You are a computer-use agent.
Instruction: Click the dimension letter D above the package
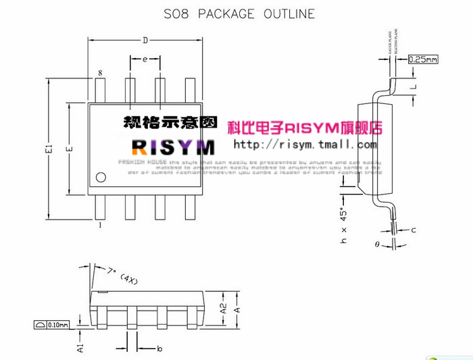coord(145,41)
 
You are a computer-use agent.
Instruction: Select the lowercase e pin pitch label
coord(145,59)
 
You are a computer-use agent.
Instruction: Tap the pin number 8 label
coord(100,73)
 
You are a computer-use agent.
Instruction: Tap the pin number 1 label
coord(100,226)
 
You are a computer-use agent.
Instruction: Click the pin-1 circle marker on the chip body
coord(101,178)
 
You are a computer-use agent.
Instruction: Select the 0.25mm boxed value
coord(424,60)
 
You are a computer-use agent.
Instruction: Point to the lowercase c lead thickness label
coord(413,230)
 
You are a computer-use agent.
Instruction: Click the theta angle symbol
coord(378,245)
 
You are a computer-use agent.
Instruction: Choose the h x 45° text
coord(343,226)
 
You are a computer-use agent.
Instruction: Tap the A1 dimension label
coord(80,347)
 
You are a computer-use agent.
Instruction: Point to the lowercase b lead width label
coord(159,349)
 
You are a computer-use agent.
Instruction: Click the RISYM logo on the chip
coord(173,147)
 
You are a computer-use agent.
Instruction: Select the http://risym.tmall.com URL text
coord(305,145)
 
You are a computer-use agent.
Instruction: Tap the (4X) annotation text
coord(128,278)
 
